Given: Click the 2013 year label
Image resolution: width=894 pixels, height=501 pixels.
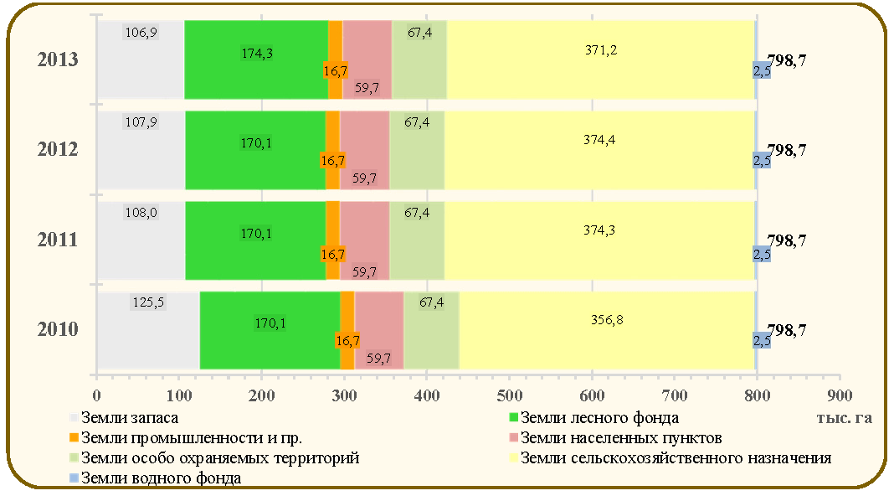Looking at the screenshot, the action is pos(58,59).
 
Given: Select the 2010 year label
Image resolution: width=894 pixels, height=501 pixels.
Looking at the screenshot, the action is pos(58,329).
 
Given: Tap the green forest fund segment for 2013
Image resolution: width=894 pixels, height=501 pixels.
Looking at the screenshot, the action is pos(257,60).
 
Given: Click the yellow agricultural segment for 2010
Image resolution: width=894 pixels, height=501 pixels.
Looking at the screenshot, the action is pos(607,330).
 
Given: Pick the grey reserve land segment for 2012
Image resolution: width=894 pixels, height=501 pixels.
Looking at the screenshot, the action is pos(141,150).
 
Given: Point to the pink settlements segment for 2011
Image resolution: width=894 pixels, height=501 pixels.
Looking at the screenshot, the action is pos(364,240).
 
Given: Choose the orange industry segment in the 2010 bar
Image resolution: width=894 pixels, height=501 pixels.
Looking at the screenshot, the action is pos(347,330).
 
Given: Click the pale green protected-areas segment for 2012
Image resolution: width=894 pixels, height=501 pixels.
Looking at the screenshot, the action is pos(417,150).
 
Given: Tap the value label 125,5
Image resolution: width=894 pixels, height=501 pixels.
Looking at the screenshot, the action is pos(148,302).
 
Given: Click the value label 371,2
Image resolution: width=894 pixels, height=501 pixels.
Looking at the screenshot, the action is pos(601,50).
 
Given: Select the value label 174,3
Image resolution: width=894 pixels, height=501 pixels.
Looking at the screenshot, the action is pos(257,54).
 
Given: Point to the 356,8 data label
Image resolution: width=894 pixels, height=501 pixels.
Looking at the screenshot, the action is pos(607,320).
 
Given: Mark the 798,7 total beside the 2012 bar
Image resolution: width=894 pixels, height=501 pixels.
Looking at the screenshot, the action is pos(786,150).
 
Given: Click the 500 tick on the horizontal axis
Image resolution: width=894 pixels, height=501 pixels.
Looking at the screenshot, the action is pos(509,395).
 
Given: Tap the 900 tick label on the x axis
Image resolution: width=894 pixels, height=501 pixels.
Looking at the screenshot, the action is pos(840,395).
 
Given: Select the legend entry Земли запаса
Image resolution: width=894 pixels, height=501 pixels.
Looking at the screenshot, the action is pos(124,418).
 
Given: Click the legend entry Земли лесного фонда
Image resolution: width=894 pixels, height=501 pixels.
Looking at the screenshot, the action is pos(593,418).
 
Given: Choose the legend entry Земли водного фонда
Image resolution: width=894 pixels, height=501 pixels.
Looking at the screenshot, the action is pos(155,478).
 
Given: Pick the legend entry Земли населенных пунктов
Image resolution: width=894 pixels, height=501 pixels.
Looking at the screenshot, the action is pos(615,437).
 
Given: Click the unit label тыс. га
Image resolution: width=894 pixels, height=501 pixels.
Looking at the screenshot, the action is pos(844,418).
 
